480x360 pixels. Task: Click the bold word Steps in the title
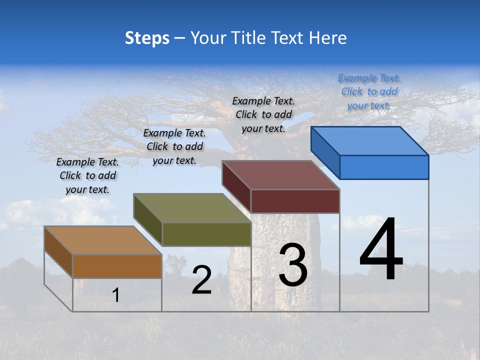point(147,38)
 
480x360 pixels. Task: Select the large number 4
point(381,249)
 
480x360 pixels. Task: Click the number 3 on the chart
point(293,265)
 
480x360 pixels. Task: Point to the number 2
point(201,280)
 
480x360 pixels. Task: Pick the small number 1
point(116,295)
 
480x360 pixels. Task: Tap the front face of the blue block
point(384,167)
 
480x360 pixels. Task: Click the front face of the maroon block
point(295,201)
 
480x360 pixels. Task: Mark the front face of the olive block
point(206,234)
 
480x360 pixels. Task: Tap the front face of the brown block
point(117,266)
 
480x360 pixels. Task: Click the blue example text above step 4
point(369,91)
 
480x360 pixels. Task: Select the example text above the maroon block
point(263,114)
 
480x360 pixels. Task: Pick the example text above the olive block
point(174,146)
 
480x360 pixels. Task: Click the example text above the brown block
point(87,175)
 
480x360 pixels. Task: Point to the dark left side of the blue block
point(325,152)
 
